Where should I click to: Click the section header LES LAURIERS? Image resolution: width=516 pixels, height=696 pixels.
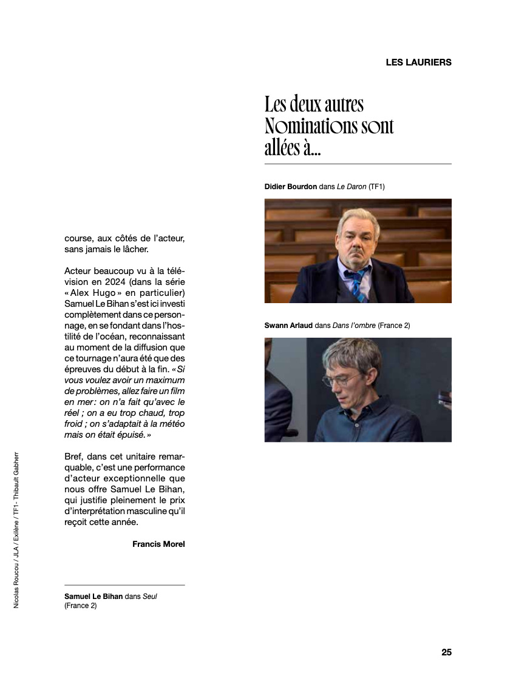coord(418,62)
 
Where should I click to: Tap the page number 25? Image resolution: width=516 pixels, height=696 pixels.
coord(446,652)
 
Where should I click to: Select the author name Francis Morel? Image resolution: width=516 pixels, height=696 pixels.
coord(158,544)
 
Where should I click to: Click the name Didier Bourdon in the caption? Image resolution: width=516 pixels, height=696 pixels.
coord(291,187)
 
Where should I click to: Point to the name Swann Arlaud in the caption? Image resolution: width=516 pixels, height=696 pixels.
coord(288,326)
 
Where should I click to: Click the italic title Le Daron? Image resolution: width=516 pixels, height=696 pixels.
coord(351,187)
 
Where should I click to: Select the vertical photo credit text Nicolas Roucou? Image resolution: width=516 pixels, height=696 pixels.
coord(16,582)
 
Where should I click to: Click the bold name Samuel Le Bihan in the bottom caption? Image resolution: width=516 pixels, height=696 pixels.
coord(93,596)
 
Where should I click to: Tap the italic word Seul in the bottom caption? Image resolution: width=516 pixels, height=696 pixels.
coord(150,596)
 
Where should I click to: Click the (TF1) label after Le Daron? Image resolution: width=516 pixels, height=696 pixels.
coord(376,187)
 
